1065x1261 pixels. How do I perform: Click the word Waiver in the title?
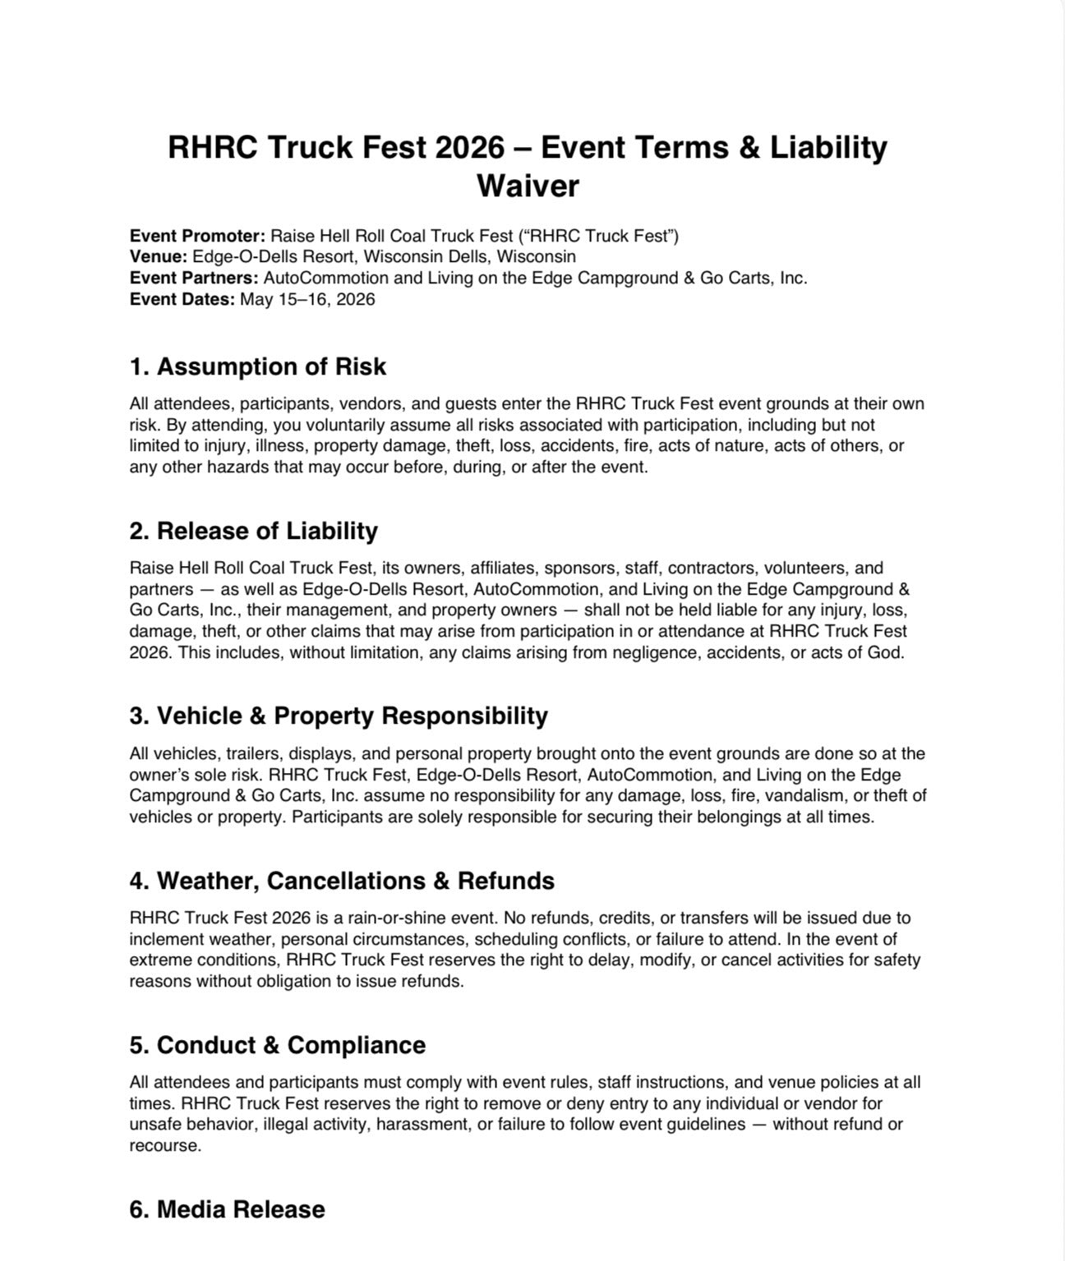pyautogui.click(x=528, y=186)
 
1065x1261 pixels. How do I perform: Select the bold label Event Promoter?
pyautogui.click(x=197, y=236)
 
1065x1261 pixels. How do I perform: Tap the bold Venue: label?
pyautogui.click(x=159, y=256)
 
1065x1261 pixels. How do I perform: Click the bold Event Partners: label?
pyautogui.click(x=194, y=278)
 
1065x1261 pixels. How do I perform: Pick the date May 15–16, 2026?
pyautogui.click(x=307, y=299)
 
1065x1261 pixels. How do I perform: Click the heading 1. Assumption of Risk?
pyautogui.click(x=257, y=366)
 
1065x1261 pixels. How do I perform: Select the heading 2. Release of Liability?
pyautogui.click(x=253, y=531)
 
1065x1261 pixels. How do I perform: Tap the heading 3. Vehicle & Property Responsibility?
pyautogui.click(x=338, y=716)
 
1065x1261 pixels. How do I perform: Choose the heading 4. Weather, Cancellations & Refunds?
pyautogui.click(x=341, y=881)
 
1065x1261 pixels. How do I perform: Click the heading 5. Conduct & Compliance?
pyautogui.click(x=277, y=1045)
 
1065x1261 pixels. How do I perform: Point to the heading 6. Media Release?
pyautogui.click(x=227, y=1209)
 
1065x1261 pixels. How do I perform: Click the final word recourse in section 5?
pyautogui.click(x=163, y=1145)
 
